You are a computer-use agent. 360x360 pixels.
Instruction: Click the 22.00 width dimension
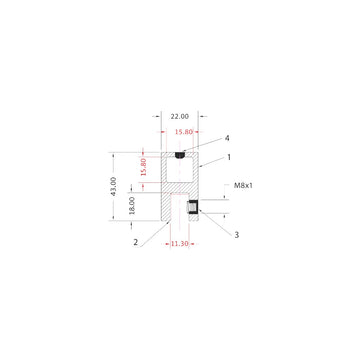coord(180,115)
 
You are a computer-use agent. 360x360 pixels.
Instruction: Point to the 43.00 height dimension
coord(114,187)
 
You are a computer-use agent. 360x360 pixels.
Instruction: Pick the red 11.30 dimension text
coord(179,242)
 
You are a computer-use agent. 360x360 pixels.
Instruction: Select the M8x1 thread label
coord(243,186)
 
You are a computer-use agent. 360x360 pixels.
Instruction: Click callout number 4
coord(227,138)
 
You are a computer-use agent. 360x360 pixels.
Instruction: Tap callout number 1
coord(227,157)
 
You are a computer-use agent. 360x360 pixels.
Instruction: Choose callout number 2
coord(135,241)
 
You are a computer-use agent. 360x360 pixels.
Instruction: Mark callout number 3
coord(236,235)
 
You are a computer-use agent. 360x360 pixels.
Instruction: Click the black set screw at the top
coord(179,154)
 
